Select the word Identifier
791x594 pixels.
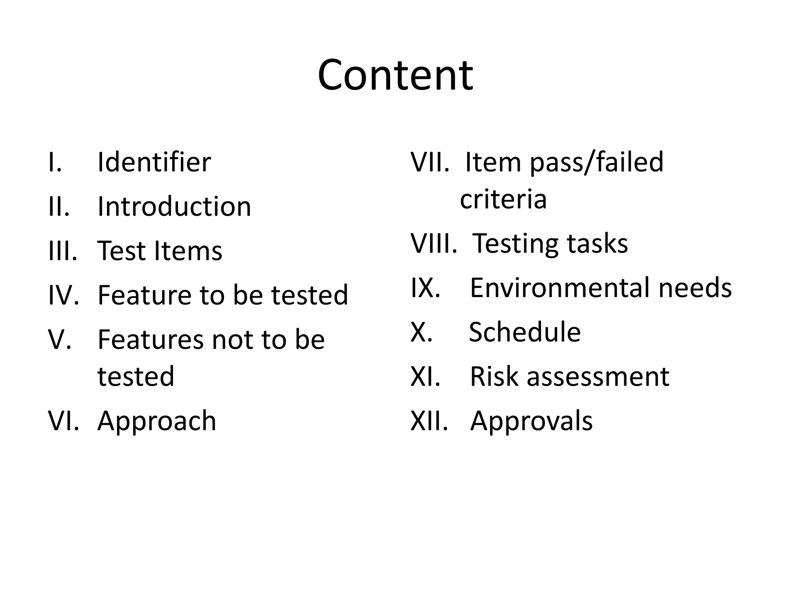[154, 162]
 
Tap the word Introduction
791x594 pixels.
[174, 207]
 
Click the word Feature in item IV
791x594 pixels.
[144, 295]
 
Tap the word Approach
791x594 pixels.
[157, 421]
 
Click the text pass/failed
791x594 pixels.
[597, 162]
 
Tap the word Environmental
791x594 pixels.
[561, 288]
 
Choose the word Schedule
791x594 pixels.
[525, 332]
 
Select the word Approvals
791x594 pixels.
[531, 421]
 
